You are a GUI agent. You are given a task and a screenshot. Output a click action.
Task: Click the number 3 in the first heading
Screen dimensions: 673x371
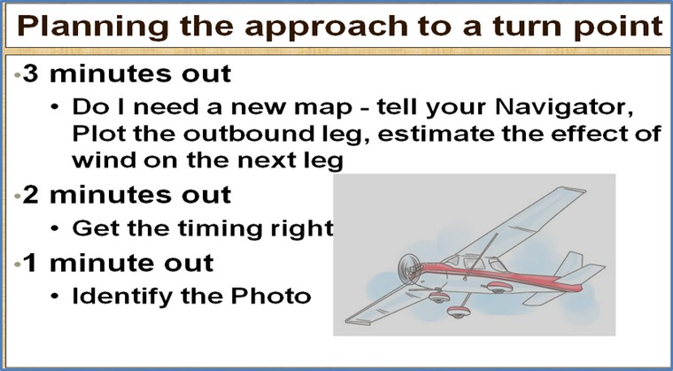pyautogui.click(x=30, y=73)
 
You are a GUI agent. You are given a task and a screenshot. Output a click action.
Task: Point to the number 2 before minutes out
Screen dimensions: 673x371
pyautogui.click(x=30, y=195)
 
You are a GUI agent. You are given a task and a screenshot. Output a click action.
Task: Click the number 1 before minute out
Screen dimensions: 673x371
pyautogui.click(x=29, y=263)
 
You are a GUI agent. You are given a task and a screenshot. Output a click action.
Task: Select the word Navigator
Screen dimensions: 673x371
pyautogui.click(x=563, y=108)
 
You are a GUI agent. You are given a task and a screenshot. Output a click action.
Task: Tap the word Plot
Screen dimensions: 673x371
pyautogui.click(x=98, y=134)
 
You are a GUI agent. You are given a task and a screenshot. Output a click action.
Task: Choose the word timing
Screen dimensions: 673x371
pyautogui.click(x=220, y=229)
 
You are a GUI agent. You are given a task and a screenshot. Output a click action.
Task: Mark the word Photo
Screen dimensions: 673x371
pyautogui.click(x=270, y=297)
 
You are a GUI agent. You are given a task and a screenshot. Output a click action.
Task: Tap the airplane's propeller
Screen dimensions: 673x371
pyautogui.click(x=406, y=270)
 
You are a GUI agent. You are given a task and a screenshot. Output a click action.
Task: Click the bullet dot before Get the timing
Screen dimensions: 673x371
pyautogui.click(x=55, y=228)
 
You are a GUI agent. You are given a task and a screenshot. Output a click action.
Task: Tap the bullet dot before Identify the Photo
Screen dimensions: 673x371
pyautogui.click(x=55, y=297)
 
